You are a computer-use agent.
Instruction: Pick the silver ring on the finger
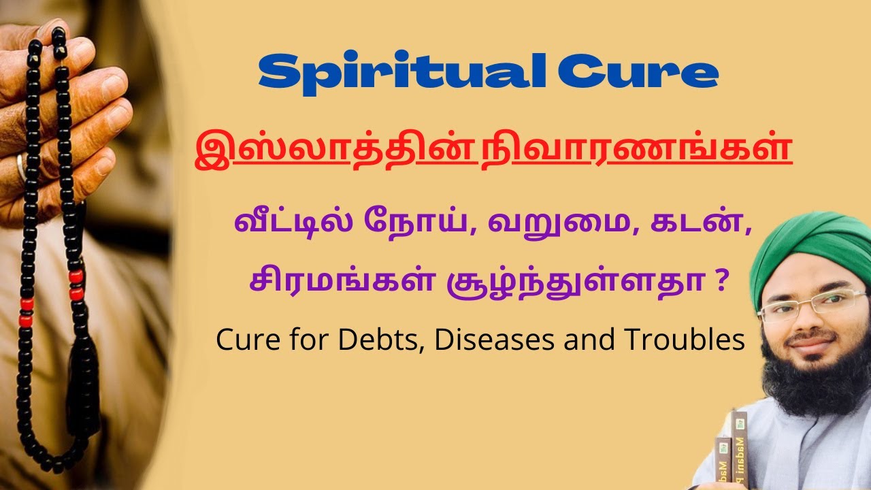pos(22,167)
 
